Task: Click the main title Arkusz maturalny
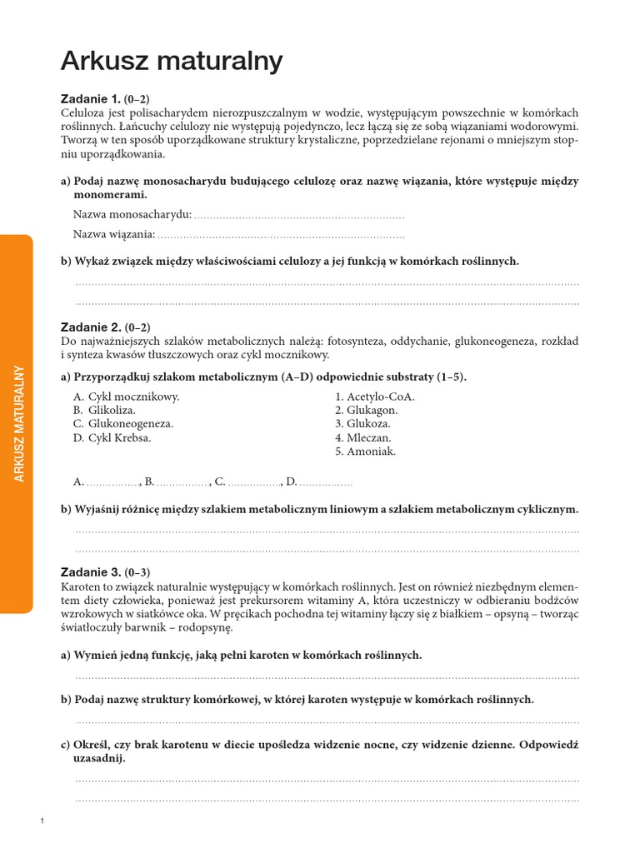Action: pyautogui.click(x=172, y=61)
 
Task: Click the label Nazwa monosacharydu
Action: pyautogui.click(x=132, y=215)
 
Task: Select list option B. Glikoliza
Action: pyautogui.click(x=104, y=410)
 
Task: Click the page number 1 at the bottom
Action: pyautogui.click(x=41, y=822)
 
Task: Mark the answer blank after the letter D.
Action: pyautogui.click(x=326, y=481)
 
